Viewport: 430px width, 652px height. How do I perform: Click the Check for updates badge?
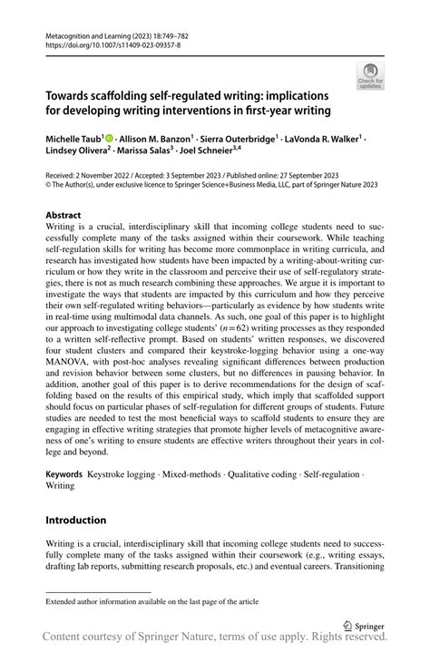pyautogui.click(x=370, y=75)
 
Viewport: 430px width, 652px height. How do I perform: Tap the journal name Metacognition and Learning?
pyautogui.click(x=92, y=32)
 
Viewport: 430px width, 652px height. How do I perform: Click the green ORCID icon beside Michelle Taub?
pyautogui.click(x=108, y=136)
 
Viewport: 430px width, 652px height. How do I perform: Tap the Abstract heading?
pyautogui.click(x=64, y=217)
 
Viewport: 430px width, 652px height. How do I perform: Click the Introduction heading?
pyautogui.click(x=77, y=520)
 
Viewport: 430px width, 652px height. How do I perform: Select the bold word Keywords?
pyautogui.click(x=64, y=474)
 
